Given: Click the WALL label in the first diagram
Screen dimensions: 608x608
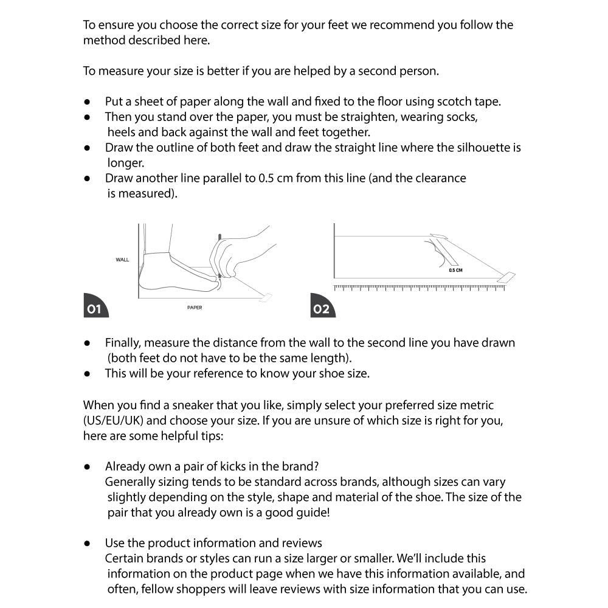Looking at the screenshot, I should point(122,260).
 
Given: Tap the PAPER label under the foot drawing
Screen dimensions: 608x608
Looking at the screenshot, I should point(195,308).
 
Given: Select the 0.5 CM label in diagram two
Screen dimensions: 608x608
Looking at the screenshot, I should point(455,270).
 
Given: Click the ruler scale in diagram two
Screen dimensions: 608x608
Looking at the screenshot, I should point(420,287).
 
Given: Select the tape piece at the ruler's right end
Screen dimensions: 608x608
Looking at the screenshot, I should point(506,278).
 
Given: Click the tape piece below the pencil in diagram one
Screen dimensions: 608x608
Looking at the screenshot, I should point(264,297).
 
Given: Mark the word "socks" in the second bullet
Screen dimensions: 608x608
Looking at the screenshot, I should point(469,117).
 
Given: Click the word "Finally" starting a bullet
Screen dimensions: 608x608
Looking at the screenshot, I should point(123,342).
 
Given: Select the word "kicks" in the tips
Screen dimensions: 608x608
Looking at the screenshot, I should point(213,466).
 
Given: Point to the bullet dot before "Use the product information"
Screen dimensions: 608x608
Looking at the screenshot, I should point(88,543).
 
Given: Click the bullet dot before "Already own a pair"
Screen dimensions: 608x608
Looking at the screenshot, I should point(88,467).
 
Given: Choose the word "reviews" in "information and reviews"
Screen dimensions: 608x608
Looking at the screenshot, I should point(302,543).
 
